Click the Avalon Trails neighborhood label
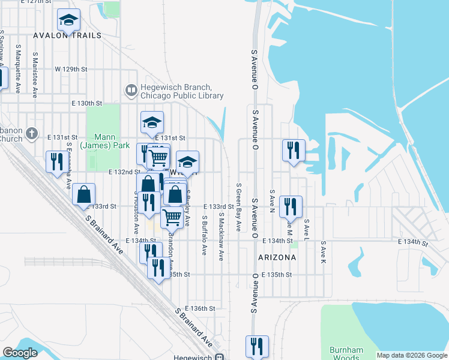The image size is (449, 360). click(x=67, y=35)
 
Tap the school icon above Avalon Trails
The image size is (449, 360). click(x=69, y=21)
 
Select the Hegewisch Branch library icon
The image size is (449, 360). click(x=130, y=91)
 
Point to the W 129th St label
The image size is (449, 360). click(x=71, y=69)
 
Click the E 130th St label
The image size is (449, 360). click(x=86, y=103)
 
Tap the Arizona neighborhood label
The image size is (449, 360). click(x=277, y=257)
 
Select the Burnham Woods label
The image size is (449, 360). click(x=346, y=353)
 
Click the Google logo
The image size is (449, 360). click(x=20, y=353)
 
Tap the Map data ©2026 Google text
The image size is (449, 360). click(x=411, y=355)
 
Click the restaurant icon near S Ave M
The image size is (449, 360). click(x=291, y=206)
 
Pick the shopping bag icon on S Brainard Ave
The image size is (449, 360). click(x=84, y=194)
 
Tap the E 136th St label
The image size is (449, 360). click(x=200, y=308)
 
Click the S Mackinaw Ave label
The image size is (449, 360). click(x=221, y=237)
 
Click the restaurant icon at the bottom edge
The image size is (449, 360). click(x=257, y=346)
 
